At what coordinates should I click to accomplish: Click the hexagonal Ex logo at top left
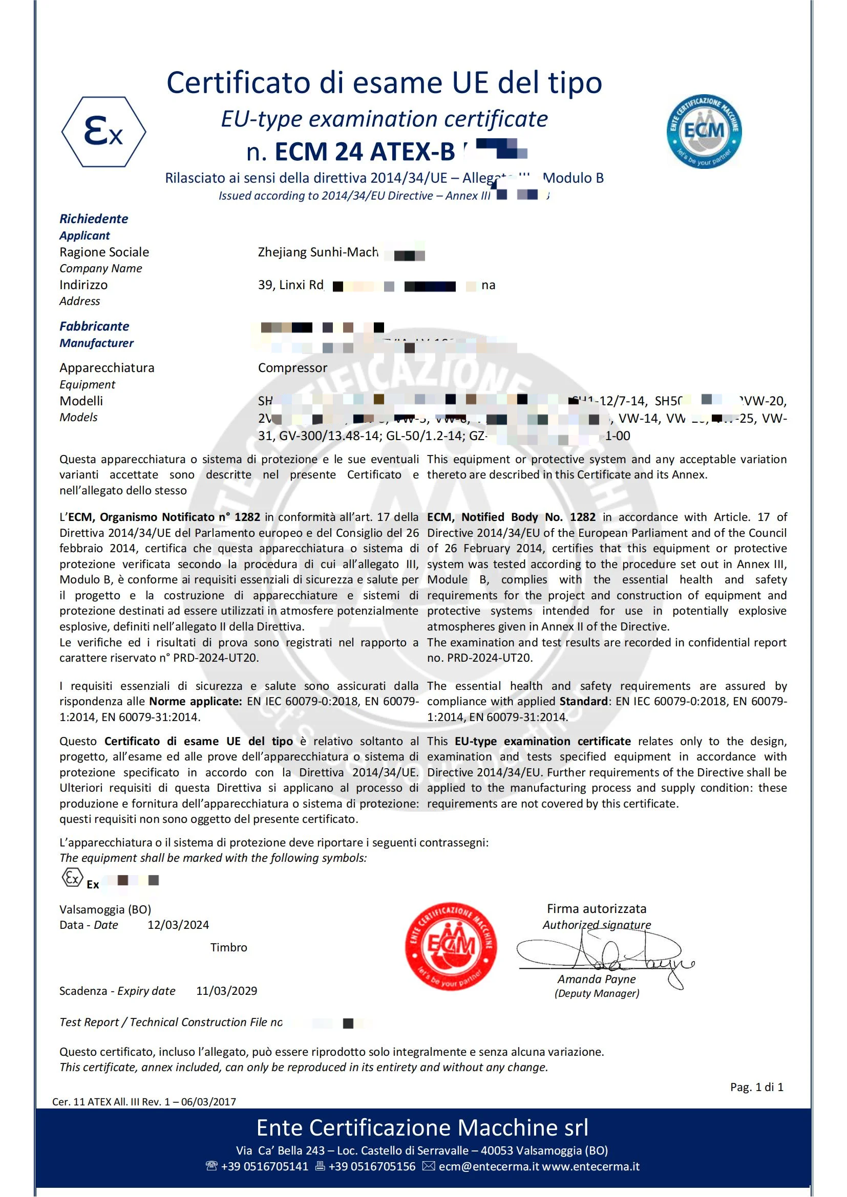click(x=104, y=132)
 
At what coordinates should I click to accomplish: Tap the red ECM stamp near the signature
click(x=451, y=946)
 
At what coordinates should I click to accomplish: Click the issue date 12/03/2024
click(x=178, y=924)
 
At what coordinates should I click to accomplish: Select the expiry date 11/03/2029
click(x=226, y=991)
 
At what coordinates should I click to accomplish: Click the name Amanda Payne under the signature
click(x=596, y=979)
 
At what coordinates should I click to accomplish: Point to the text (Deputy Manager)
click(x=597, y=993)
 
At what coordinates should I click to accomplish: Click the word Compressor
click(x=292, y=367)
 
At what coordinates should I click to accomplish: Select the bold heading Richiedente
click(x=94, y=219)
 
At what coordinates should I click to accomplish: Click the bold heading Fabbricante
click(x=94, y=326)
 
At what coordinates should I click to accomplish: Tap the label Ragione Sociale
click(x=104, y=252)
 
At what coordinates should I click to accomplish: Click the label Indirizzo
click(x=83, y=285)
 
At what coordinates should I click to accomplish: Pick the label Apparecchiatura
click(x=107, y=367)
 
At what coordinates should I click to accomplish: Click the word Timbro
click(x=228, y=947)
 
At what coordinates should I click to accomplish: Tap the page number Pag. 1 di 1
click(x=756, y=1087)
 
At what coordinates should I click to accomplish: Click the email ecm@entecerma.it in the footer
click(x=489, y=1166)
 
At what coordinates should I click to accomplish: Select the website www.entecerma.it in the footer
click(x=591, y=1166)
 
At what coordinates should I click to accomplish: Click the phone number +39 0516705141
click(x=264, y=1166)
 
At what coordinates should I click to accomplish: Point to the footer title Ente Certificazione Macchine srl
click(x=422, y=1128)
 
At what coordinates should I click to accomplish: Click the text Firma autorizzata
click(x=596, y=909)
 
